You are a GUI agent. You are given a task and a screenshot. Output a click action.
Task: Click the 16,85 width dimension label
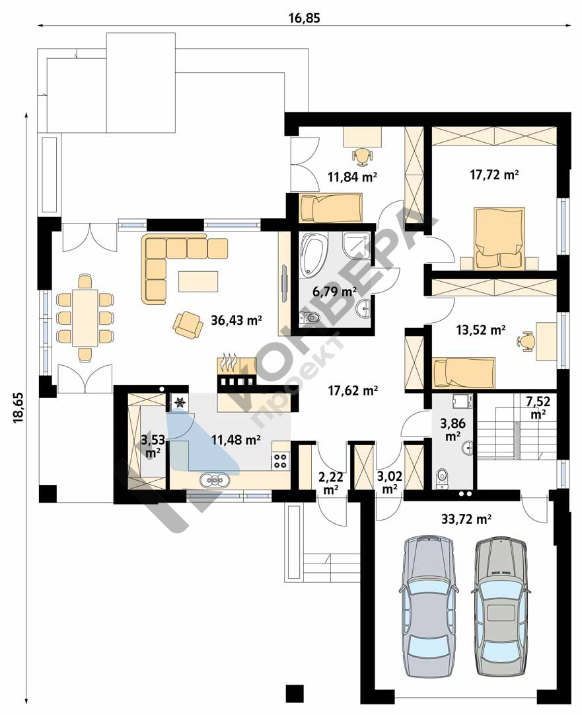tap(304, 18)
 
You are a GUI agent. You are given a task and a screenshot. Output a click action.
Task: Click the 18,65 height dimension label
tap(18, 407)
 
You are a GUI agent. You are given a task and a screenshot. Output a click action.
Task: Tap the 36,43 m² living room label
tap(236, 319)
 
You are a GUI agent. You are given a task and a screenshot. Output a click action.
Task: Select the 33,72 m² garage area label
tap(466, 519)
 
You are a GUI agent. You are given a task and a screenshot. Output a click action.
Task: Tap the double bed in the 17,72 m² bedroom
tap(499, 238)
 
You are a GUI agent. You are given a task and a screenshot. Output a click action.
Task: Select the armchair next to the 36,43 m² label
tap(188, 324)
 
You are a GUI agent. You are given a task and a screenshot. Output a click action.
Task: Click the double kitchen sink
tap(215, 480)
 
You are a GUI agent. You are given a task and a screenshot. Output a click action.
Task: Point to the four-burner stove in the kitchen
tap(279, 461)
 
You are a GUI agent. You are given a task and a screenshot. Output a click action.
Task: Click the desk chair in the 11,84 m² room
tap(362, 155)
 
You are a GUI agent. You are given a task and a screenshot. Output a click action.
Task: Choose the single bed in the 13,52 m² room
tap(464, 373)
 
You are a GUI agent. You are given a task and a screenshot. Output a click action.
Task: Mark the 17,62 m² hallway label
tap(353, 390)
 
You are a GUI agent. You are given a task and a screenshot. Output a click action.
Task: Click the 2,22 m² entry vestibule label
tap(331, 483)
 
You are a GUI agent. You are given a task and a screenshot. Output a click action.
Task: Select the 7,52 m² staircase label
tap(538, 407)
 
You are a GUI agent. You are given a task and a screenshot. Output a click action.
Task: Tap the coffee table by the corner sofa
tap(198, 281)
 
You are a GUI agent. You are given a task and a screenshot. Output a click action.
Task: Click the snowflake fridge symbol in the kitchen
tap(180, 402)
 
